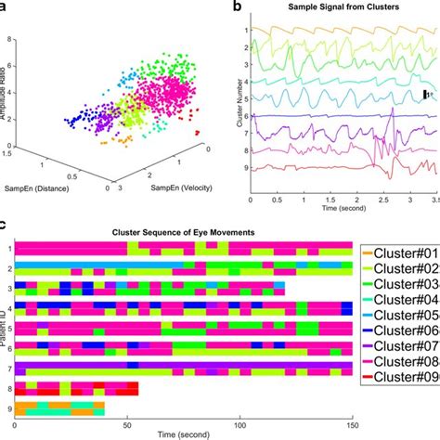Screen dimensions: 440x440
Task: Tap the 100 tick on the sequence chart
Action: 242,425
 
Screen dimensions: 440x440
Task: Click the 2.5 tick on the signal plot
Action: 382,199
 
